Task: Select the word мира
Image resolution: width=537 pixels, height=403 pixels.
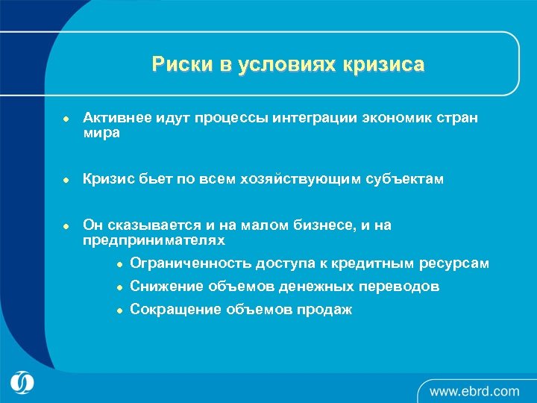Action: [x=101, y=134]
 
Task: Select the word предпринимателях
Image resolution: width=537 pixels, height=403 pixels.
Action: [x=153, y=240]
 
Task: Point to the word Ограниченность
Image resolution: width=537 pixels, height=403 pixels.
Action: [x=190, y=263]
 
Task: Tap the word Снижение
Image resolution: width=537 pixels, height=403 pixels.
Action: [x=164, y=287]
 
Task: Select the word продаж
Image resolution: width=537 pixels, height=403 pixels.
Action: [x=326, y=310]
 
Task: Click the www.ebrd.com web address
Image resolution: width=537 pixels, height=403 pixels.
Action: [x=474, y=391]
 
